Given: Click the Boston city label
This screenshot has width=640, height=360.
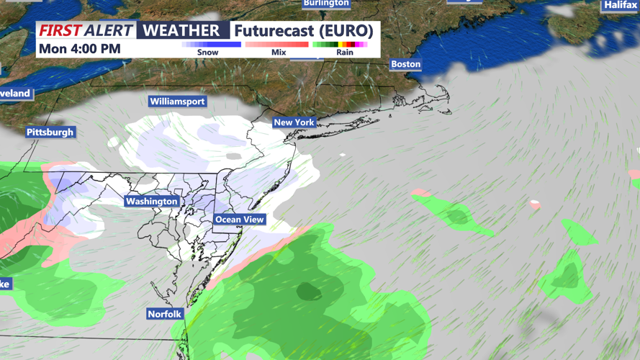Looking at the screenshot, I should tap(405, 64).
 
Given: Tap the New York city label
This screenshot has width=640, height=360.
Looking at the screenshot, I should tap(294, 122).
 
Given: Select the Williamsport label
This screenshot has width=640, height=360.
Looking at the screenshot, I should tap(177, 102).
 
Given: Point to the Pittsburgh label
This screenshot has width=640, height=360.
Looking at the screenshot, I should tap(50, 132).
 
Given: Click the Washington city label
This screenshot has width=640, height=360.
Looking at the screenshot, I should tap(151, 202).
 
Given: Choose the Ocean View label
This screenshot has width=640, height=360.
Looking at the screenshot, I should tap(240, 220).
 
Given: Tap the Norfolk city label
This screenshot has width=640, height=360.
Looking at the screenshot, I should tap(165, 314).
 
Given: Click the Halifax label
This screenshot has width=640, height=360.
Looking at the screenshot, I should tap(620, 5).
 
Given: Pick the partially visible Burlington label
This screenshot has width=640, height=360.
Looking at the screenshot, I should tap(326, 3).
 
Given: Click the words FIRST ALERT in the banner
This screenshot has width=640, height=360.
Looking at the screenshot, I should tap(86, 30).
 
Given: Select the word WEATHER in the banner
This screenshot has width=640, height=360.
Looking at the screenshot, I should tap(181, 30).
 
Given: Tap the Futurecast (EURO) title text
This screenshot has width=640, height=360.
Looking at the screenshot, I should tap(303, 31).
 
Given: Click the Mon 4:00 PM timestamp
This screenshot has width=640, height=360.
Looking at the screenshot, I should tap(80, 49).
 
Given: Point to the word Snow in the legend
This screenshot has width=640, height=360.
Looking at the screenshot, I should tap(207, 53).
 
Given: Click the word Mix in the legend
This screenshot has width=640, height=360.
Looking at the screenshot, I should tap(279, 53).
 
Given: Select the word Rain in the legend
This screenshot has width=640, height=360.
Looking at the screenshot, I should tap(345, 53).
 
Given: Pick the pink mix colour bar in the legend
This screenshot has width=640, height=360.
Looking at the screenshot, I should tap(277, 45).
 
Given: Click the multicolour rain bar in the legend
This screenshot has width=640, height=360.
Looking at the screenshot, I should tap(340, 45).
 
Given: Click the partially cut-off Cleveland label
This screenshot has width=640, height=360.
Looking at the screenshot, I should tap(15, 94).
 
